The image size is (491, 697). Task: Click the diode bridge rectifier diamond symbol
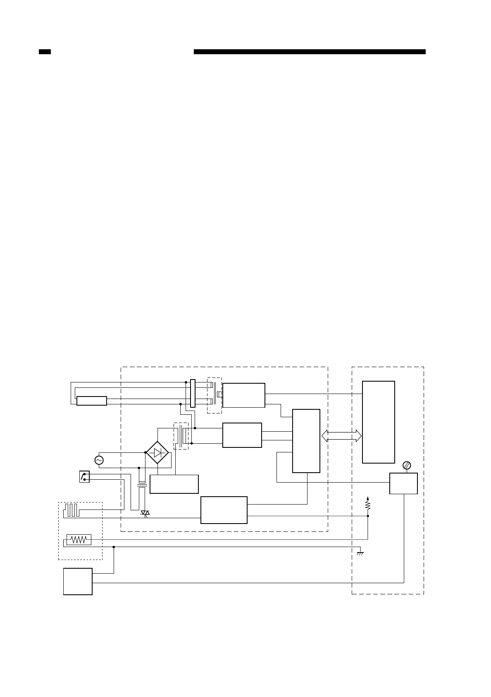pos(157,452)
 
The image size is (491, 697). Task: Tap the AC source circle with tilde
pos(99,460)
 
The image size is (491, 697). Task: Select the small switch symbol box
pos(84,477)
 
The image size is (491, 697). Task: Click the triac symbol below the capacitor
pos(145,513)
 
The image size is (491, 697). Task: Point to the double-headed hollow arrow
pos(341,435)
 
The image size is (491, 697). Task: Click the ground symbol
pos(360,553)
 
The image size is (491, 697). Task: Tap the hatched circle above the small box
pos(406,466)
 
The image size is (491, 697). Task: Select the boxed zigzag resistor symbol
pos(79,540)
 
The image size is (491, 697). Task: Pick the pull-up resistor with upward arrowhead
pos(368,504)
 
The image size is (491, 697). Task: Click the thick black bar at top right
pos(310,52)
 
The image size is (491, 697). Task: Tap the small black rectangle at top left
pos(45,52)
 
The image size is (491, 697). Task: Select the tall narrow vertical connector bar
pos(193,393)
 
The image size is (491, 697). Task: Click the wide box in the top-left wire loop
pos(92,401)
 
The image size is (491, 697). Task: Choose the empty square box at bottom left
pos(78,581)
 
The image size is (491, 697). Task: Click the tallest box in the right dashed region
pos(378,422)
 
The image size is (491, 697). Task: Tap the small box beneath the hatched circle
pos(403,483)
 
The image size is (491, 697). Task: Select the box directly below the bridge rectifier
pos(174,484)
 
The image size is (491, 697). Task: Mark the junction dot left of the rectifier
pos(145,452)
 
